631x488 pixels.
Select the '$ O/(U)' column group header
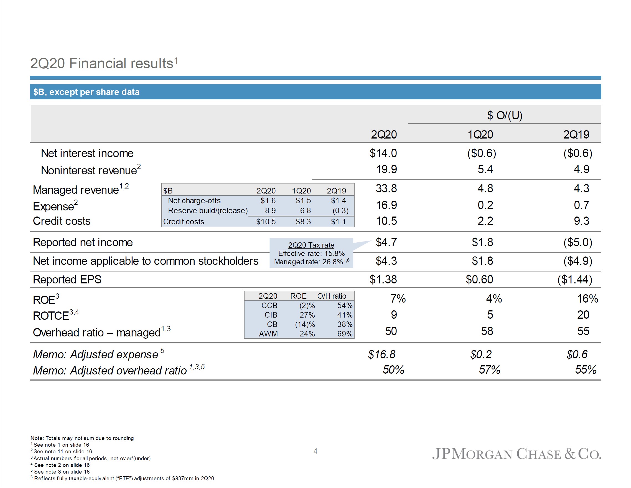(x=505, y=115)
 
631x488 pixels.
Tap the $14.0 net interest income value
(x=383, y=153)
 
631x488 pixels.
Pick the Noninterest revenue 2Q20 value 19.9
(x=386, y=169)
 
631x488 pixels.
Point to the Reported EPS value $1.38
(x=383, y=280)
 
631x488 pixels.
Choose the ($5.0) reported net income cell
(x=577, y=242)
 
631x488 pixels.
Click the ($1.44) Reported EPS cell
(x=575, y=280)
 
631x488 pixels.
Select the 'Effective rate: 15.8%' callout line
(x=311, y=253)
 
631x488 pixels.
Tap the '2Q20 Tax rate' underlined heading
(x=311, y=245)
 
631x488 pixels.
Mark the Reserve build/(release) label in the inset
(x=208, y=210)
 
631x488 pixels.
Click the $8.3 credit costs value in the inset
(x=303, y=222)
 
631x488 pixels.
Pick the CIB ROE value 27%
(x=307, y=315)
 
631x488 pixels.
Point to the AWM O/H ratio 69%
(x=345, y=334)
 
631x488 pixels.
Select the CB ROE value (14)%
(x=305, y=324)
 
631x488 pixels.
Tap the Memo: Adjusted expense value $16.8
(x=381, y=354)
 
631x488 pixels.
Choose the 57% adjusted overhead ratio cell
(x=489, y=370)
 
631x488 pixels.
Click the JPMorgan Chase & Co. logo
(x=516, y=454)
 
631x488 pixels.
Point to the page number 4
(x=315, y=451)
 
